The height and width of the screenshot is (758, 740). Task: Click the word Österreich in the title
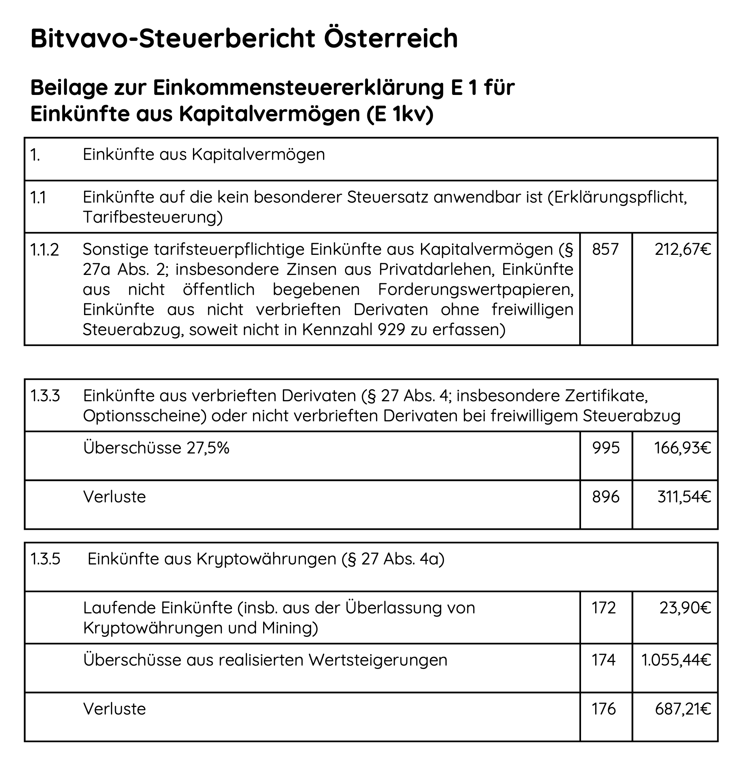click(x=391, y=38)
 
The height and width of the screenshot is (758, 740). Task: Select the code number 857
click(x=605, y=249)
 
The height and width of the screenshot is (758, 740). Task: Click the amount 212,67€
click(x=683, y=249)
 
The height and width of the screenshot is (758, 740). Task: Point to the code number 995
click(x=606, y=448)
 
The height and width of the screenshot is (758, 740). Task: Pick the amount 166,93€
click(x=683, y=448)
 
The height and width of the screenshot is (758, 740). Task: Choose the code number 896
click(x=606, y=497)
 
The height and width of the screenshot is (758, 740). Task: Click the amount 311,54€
click(x=684, y=497)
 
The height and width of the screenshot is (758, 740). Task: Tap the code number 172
click(x=604, y=608)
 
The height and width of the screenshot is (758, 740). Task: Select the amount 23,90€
click(x=685, y=608)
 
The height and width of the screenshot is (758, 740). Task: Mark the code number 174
click(x=604, y=660)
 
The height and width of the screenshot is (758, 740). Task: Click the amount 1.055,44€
click(x=676, y=660)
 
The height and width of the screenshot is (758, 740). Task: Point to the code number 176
click(x=604, y=709)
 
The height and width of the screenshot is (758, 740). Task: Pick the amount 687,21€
click(x=683, y=709)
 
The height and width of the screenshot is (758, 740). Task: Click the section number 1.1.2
click(x=45, y=250)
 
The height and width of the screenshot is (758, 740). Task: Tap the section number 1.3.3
click(x=45, y=396)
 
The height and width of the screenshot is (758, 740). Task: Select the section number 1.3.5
click(x=45, y=559)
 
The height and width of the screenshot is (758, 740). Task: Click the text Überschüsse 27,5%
click(x=156, y=448)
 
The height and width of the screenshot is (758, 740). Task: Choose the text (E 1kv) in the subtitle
click(x=399, y=114)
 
